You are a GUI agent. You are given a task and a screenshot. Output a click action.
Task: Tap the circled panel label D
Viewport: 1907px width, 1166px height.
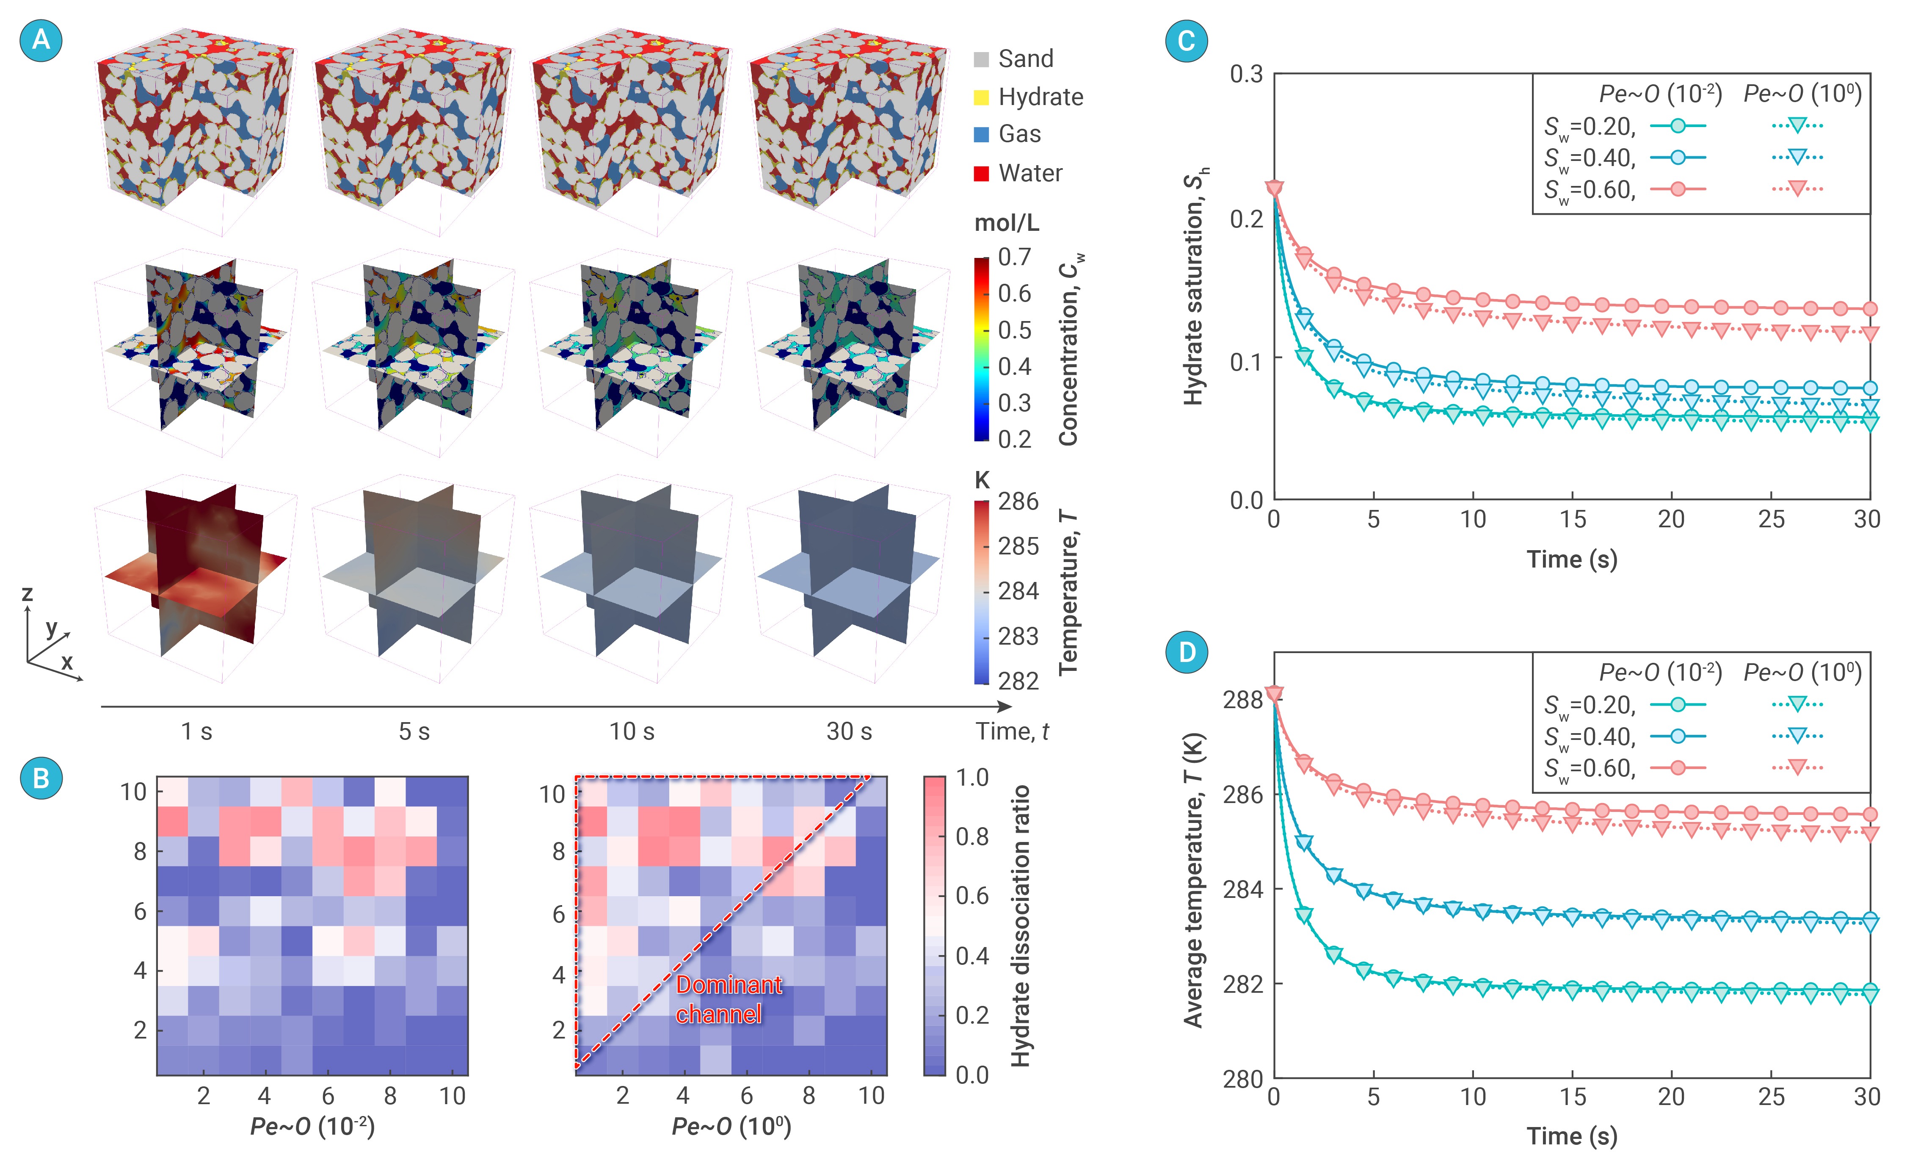point(1187,652)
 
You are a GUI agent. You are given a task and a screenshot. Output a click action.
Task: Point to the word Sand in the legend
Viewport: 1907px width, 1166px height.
point(1026,59)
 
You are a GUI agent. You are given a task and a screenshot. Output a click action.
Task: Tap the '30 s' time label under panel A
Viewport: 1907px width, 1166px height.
point(849,731)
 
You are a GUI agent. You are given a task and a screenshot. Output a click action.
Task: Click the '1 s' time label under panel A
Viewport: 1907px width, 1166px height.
point(196,731)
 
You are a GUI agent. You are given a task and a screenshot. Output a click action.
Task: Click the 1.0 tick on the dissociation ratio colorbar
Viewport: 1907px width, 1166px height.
point(972,777)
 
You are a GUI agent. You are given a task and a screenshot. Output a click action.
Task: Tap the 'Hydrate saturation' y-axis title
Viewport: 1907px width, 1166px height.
point(1194,286)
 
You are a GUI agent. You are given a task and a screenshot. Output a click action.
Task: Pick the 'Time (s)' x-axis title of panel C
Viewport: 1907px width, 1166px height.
point(1571,559)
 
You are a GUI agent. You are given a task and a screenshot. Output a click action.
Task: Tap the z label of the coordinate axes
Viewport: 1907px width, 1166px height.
point(27,594)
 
